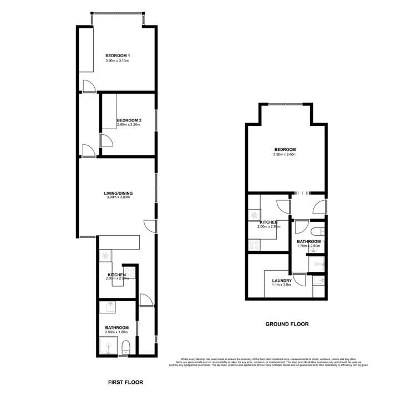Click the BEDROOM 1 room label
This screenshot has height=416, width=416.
tap(118, 55)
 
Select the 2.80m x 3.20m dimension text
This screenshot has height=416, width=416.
tap(128, 125)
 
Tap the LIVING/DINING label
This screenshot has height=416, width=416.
tap(118, 193)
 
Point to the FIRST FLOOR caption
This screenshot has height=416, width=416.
tap(124, 382)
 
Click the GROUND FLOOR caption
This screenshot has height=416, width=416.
tap(287, 324)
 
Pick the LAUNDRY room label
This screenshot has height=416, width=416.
tap(282, 280)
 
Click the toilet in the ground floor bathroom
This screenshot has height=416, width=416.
tap(317, 232)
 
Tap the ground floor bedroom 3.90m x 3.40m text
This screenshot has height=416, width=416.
tap(285, 155)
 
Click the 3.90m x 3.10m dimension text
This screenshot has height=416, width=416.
tap(118, 61)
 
